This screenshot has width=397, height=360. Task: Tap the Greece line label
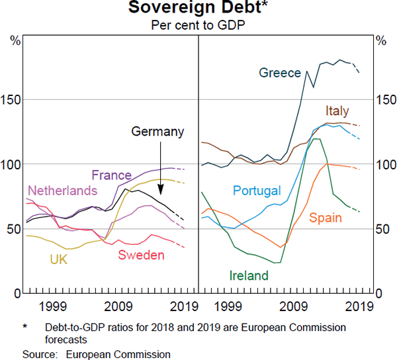pyautogui.click(x=280, y=73)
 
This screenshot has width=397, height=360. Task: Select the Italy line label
pyautogui.click(x=337, y=111)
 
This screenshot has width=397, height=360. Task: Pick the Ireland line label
pyautogui.click(x=249, y=276)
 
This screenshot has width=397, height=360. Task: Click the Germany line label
pyautogui.click(x=157, y=132)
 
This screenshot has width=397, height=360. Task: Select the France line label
pyautogui.click(x=111, y=175)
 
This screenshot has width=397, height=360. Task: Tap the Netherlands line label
pyautogui.click(x=62, y=191)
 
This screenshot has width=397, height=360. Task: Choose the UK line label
pyautogui.click(x=58, y=259)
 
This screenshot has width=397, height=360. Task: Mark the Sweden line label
pyautogui.click(x=140, y=255)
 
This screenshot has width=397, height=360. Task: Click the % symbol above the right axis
pyautogui.click(x=380, y=40)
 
